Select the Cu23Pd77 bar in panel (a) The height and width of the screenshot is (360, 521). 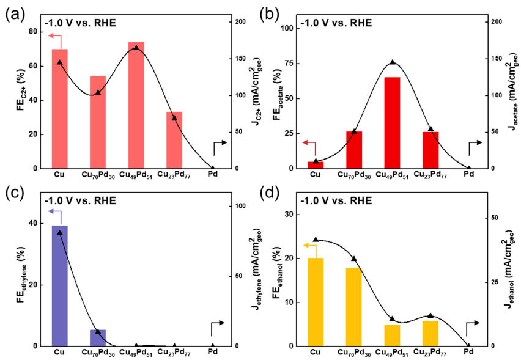click(x=174, y=140)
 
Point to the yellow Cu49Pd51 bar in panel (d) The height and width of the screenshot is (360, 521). click(x=392, y=335)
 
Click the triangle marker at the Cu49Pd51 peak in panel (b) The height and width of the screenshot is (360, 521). click(x=392, y=62)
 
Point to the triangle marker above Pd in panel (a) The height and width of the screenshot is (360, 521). click(x=213, y=167)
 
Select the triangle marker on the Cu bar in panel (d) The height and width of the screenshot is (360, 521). click(x=316, y=240)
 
